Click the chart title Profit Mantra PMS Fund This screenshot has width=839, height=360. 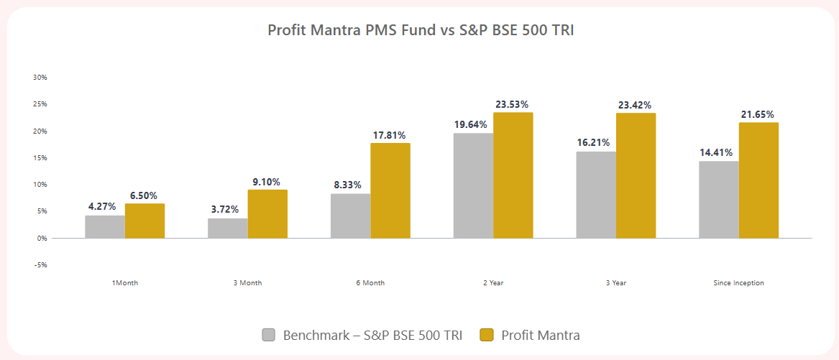pyautogui.click(x=420, y=30)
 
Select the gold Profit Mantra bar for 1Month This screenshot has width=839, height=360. pyautogui.click(x=145, y=221)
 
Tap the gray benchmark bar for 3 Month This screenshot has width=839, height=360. pyautogui.click(x=227, y=228)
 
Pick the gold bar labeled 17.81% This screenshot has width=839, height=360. pyautogui.click(x=390, y=190)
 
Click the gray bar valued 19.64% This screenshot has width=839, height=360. pyautogui.click(x=473, y=185)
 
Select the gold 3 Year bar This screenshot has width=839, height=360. pyautogui.click(x=636, y=175)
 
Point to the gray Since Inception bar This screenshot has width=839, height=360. pyautogui.click(x=718, y=199)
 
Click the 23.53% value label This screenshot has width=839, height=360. pyautogui.click(x=512, y=105)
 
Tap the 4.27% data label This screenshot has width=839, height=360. pyautogui.click(x=102, y=207)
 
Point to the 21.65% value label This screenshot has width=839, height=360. pyautogui.click(x=758, y=115)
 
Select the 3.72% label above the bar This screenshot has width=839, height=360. pyautogui.click(x=224, y=209)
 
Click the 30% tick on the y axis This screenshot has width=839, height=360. pyautogui.click(x=40, y=78)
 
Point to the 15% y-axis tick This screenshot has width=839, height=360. pyautogui.click(x=40, y=158)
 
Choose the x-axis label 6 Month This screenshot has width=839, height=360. pyautogui.click(x=370, y=283)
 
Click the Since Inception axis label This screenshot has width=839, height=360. pyautogui.click(x=738, y=283)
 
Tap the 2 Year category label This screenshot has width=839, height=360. pyautogui.click(x=493, y=283)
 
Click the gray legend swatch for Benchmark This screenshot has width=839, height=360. pyautogui.click(x=269, y=335)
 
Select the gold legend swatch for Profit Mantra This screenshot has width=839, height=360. pyautogui.click(x=487, y=335)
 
